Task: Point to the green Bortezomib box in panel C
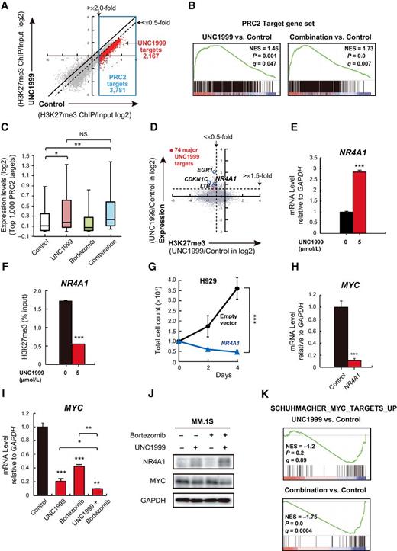(x=87, y=201)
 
